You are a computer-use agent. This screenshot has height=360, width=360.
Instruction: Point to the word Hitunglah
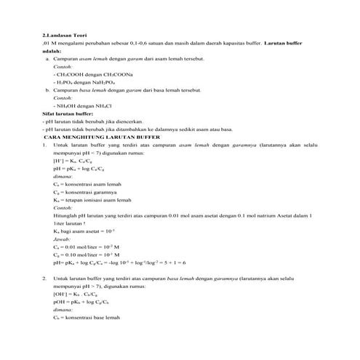click(66, 215)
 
